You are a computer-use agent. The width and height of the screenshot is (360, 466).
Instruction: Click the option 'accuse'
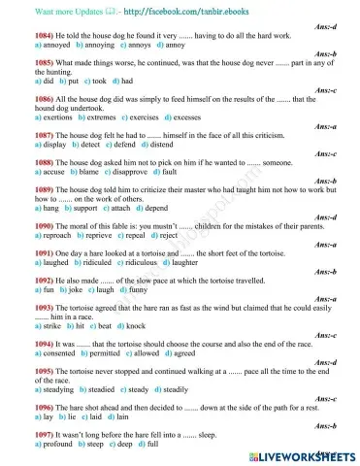[29, 177]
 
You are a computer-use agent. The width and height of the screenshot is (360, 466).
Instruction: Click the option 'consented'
[37, 355]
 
